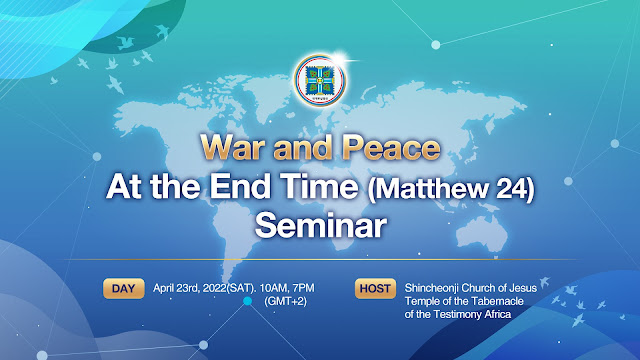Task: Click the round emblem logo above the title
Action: point(320,80)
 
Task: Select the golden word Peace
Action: point(391,147)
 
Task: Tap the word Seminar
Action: point(320,225)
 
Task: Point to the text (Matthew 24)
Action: point(451,189)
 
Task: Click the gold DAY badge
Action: point(124,289)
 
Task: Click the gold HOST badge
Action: point(375,289)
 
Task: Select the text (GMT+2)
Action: point(285,301)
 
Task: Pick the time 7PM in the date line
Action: point(304,288)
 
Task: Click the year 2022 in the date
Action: point(215,288)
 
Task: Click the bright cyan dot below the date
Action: point(247,301)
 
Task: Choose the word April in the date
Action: point(163,288)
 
